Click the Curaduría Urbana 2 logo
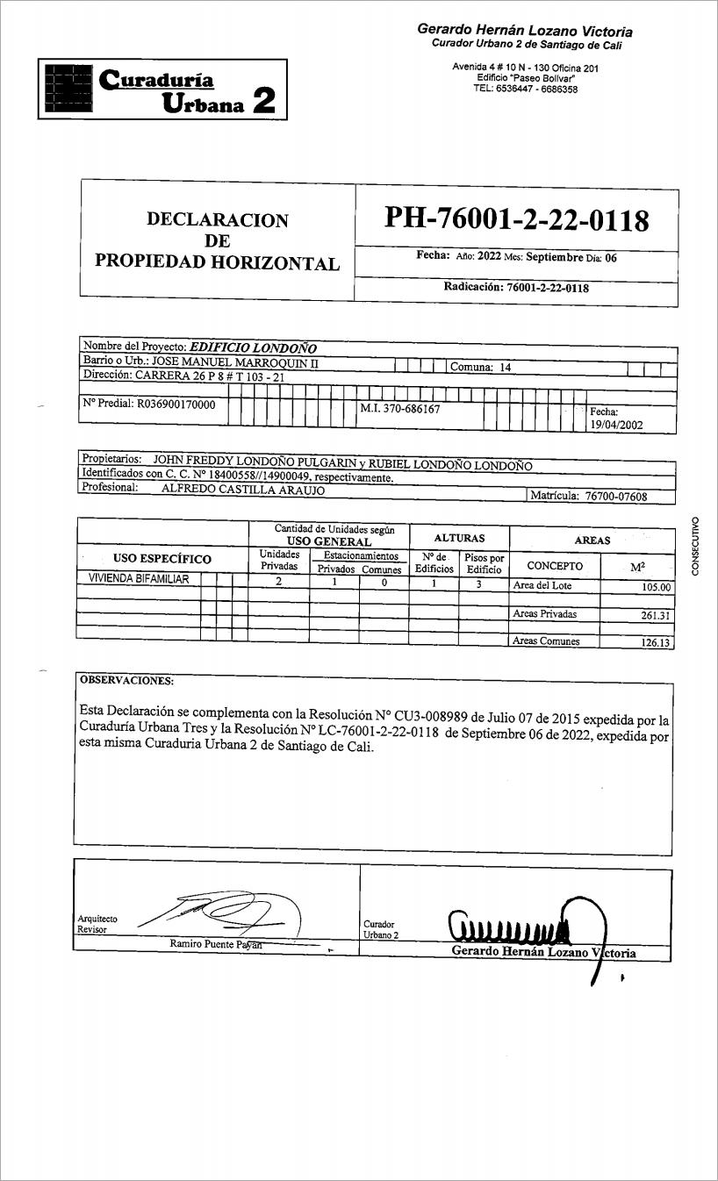(162, 89)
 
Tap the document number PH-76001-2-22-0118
(516, 219)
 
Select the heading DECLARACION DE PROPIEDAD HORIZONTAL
(217, 241)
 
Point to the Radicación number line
(516, 288)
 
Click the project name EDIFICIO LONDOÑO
(254, 347)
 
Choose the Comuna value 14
(506, 368)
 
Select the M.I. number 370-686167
(400, 409)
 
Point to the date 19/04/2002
(617, 425)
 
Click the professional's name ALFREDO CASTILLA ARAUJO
(243, 490)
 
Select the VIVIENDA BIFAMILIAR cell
(140, 579)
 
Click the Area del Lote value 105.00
(656, 588)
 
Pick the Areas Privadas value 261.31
(656, 616)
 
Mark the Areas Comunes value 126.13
(656, 643)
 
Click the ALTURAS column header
(459, 538)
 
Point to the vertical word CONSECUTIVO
(695, 546)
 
